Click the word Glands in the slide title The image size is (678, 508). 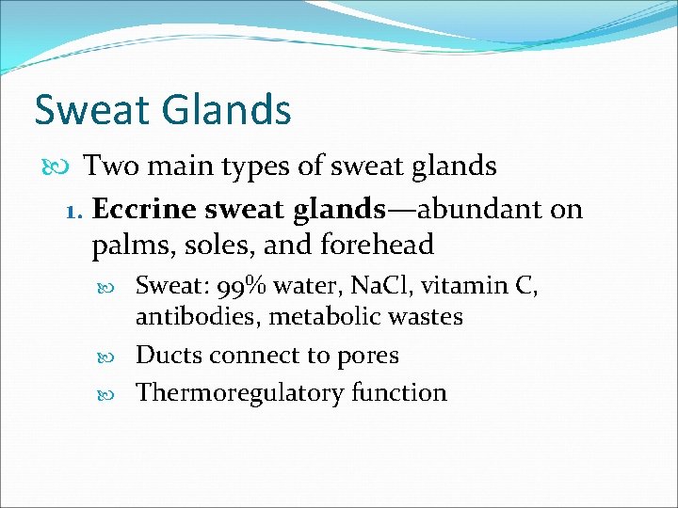pos(230,110)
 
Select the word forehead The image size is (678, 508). pos(378,245)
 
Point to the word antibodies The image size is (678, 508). pos(198,317)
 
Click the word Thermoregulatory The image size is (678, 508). pos(239,392)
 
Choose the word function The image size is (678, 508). pos(398,392)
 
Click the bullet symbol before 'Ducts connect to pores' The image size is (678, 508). pos(118,357)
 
